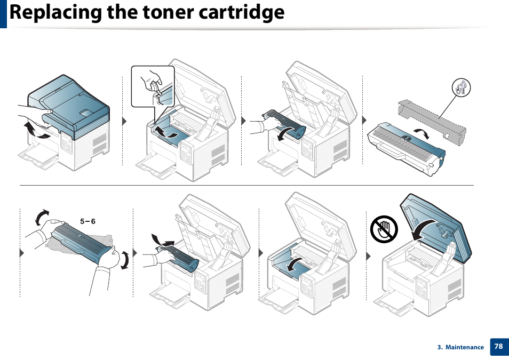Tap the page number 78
(498, 346)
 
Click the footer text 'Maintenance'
(464, 347)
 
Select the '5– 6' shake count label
(88, 221)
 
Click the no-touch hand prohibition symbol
(384, 229)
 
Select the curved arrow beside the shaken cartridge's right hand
(124, 261)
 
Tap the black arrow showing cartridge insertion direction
(163, 240)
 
